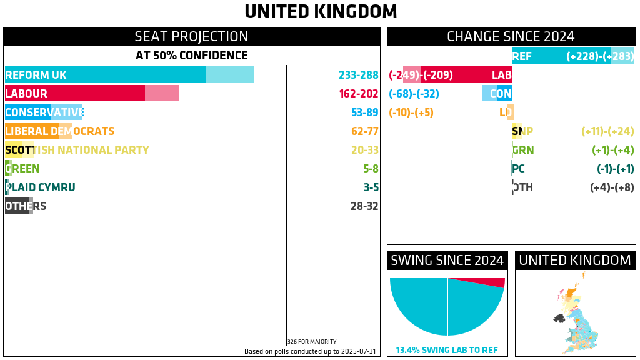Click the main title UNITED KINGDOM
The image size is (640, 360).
pyautogui.click(x=320, y=12)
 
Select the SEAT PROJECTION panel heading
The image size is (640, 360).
pyautogui.click(x=191, y=37)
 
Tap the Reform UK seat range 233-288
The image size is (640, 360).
pyautogui.click(x=359, y=75)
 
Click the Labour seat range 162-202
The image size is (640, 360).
pyautogui.click(x=359, y=94)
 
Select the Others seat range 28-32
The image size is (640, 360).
pyautogui.click(x=365, y=206)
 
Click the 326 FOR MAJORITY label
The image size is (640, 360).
pyautogui.click(x=312, y=342)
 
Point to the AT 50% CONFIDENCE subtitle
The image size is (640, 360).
pyautogui.click(x=191, y=56)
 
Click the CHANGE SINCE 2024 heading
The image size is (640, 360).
pyautogui.click(x=511, y=37)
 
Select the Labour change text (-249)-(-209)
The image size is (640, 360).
pyautogui.click(x=421, y=75)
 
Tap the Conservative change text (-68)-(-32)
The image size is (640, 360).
pyautogui.click(x=414, y=94)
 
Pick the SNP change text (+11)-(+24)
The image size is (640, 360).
pyautogui.click(x=607, y=131)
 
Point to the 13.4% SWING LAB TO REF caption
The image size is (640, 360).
pyautogui.click(x=447, y=351)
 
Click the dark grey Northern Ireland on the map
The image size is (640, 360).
pyautogui.click(x=559, y=318)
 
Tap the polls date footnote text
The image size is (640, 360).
pyautogui.click(x=310, y=351)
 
